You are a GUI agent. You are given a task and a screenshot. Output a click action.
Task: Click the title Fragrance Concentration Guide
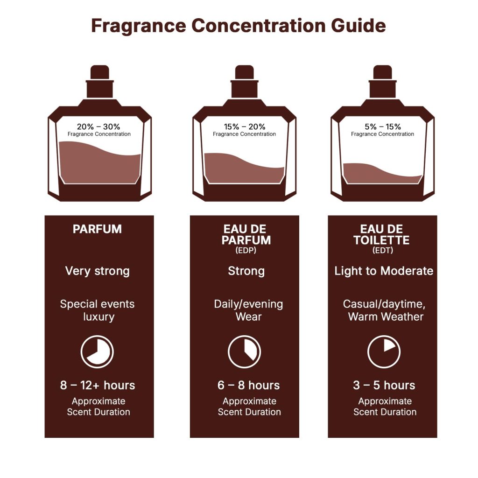pos(239,26)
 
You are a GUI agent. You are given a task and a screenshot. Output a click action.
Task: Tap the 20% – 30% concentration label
pos(98,127)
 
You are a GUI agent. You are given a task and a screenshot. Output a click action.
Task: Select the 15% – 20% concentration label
pos(244,127)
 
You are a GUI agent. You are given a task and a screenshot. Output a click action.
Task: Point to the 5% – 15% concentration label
pos(382,127)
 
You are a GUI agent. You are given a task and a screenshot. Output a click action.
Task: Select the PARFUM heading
pos(97,229)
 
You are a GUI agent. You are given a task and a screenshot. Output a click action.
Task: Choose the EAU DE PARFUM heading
pos(246,234)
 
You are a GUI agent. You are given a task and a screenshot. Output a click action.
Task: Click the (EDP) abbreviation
pos(246,250)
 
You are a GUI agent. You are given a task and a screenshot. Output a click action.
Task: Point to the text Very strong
pos(97,271)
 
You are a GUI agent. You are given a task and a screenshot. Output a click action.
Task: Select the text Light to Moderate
pos(384,271)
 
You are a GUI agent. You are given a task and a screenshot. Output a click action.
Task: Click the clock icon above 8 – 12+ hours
pos(97,351)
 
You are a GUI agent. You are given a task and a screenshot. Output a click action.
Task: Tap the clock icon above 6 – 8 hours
pos(244,351)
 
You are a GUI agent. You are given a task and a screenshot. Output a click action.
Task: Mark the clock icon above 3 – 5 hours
pos(384,351)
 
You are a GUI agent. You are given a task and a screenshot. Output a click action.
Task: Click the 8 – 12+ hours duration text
pos(98,385)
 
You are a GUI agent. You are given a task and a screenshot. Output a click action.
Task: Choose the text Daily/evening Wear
pos(248,310)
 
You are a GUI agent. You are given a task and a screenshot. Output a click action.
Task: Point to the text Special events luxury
pos(98,310)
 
